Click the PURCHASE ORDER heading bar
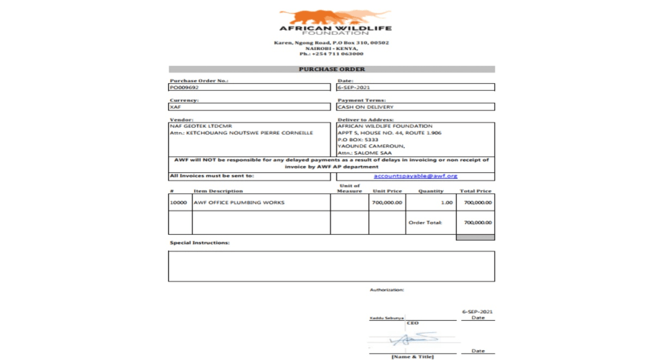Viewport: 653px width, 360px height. click(x=331, y=69)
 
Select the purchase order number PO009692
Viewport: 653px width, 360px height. click(x=184, y=87)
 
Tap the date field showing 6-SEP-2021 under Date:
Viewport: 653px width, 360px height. click(x=354, y=87)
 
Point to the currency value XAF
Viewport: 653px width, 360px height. click(x=175, y=107)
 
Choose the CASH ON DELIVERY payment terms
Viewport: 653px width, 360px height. click(x=365, y=107)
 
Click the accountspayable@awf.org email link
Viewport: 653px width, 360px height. click(x=415, y=176)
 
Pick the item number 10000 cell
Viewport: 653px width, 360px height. click(x=178, y=203)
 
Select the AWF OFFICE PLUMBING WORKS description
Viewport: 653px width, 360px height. click(x=239, y=203)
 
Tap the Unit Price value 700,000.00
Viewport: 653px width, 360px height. click(x=387, y=203)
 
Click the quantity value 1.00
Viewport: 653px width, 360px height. click(x=446, y=203)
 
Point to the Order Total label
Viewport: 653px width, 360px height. click(x=426, y=222)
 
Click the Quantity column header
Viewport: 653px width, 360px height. click(x=430, y=191)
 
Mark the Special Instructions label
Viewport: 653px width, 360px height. click(x=200, y=243)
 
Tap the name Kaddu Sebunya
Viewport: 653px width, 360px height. click(x=386, y=318)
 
